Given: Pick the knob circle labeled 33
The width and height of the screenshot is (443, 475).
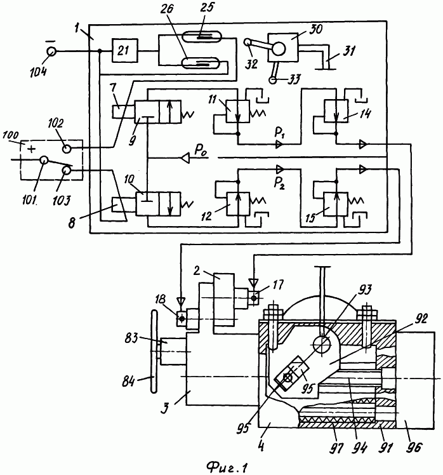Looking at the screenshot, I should (x=272, y=79).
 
